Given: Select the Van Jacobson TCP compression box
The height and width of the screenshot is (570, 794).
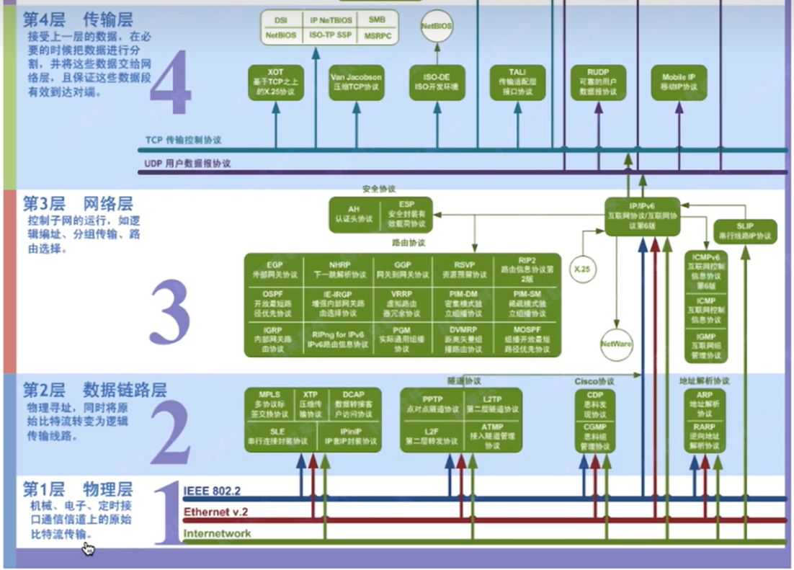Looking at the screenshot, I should click(x=356, y=81).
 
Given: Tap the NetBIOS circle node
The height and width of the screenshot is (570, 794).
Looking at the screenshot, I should click(x=437, y=27).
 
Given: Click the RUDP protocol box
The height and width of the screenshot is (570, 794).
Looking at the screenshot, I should click(x=597, y=81).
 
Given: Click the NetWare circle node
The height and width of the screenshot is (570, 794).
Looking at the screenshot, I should click(x=616, y=344).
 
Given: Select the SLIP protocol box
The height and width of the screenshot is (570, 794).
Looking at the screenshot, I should click(x=745, y=231).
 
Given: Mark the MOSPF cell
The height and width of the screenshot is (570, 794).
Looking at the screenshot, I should click(x=527, y=339).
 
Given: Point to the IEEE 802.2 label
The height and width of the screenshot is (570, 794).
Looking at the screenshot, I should click(x=212, y=491).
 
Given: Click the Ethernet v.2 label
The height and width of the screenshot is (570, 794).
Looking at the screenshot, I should click(x=215, y=512).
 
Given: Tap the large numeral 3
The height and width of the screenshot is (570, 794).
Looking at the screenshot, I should click(x=170, y=312).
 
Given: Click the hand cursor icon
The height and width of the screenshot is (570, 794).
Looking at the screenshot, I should click(x=88, y=549).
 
